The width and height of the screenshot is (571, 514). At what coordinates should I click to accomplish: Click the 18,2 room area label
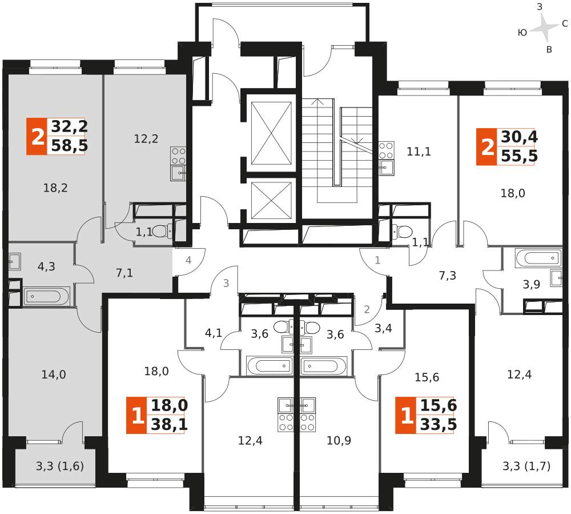[x=55, y=188]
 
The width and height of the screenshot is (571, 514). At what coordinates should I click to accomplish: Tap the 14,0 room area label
[x=54, y=374]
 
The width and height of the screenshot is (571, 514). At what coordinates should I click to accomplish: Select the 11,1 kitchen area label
[x=419, y=152]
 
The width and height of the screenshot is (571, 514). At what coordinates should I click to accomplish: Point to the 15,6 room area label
[x=427, y=377]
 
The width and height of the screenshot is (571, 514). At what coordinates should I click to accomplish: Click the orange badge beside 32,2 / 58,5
[x=37, y=136]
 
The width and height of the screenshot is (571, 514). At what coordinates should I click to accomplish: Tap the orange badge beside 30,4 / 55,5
[x=487, y=147]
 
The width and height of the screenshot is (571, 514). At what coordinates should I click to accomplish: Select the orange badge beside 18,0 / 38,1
[x=136, y=416]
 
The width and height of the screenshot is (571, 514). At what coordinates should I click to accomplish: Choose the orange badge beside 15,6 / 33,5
[x=405, y=416]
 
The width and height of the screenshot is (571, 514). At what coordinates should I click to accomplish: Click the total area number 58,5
[x=70, y=146]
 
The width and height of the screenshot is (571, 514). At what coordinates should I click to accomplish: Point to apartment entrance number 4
[x=188, y=260]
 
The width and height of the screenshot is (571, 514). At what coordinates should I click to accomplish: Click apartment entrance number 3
[x=226, y=283]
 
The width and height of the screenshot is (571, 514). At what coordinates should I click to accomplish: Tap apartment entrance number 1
[x=377, y=260]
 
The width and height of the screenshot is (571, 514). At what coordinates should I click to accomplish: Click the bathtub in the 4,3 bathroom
[x=47, y=296]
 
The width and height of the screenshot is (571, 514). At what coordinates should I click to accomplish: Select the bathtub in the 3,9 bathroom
[x=538, y=258]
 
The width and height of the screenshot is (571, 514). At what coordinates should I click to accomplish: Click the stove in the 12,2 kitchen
[x=178, y=156]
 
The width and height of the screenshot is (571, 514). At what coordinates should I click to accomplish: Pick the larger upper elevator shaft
[x=272, y=133]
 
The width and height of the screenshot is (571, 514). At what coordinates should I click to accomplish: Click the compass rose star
[x=544, y=27]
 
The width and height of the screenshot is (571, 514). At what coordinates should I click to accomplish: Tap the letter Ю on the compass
[x=522, y=33]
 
